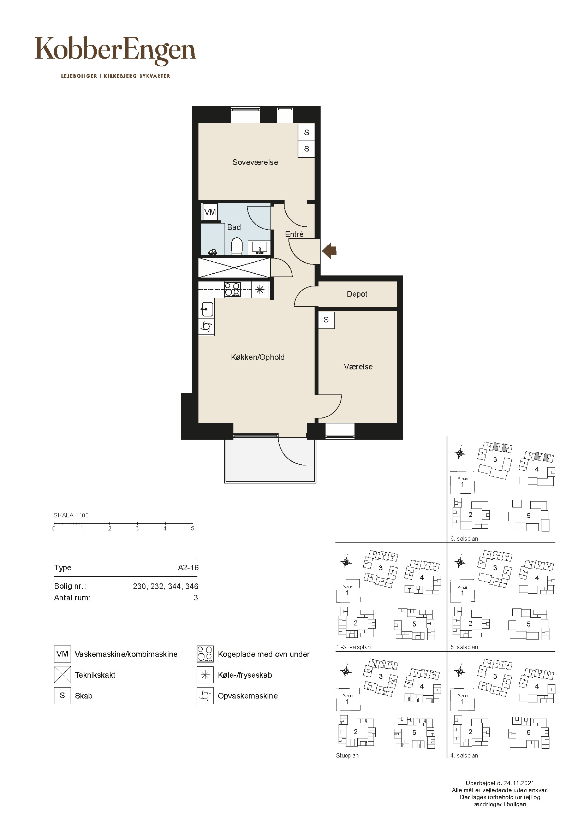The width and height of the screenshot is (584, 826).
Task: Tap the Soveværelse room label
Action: tap(255, 162)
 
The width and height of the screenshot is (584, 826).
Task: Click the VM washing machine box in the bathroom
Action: tap(210, 212)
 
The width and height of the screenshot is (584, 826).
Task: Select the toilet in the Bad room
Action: tap(237, 246)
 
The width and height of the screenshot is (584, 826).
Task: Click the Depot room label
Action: tap(357, 294)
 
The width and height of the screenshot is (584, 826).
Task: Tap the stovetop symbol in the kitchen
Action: tap(232, 290)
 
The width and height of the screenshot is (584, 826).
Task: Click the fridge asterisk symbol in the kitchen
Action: tap(260, 289)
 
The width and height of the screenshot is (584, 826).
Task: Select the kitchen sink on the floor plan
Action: tap(207, 309)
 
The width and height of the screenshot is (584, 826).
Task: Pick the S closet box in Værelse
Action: tap(327, 320)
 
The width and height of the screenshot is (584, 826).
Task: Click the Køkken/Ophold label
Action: tap(258, 357)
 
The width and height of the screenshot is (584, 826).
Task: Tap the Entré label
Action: tap(294, 234)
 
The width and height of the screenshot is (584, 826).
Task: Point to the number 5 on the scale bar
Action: tap(193, 529)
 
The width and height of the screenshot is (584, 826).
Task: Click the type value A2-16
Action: tap(189, 568)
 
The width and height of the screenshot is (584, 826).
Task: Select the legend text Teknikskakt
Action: tap(95, 675)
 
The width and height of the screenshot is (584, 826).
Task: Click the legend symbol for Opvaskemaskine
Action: tap(205, 696)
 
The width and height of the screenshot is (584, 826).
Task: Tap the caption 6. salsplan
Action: tap(464, 539)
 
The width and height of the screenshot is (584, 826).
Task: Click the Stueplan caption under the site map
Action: tap(347, 755)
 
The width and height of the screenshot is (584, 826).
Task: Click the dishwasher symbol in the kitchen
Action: tap(207, 327)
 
